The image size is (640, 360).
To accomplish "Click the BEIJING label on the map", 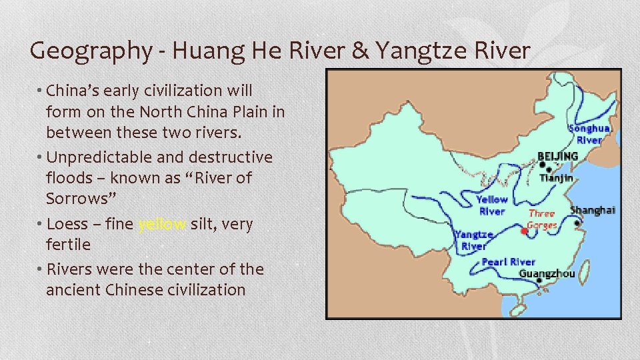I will click(558, 156).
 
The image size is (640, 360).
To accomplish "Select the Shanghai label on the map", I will click(593, 210).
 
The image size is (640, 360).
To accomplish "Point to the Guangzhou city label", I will click(547, 273).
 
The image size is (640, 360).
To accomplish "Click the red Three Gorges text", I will click(541, 219).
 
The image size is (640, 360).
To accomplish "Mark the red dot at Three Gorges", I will click(525, 231).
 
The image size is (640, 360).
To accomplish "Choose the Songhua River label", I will click(589, 134).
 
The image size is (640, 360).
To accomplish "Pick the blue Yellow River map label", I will click(492, 205).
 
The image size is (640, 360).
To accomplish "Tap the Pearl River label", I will click(509, 262).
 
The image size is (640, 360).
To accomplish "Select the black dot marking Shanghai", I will click(577, 223).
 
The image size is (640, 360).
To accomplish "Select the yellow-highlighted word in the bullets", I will click(162, 224).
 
